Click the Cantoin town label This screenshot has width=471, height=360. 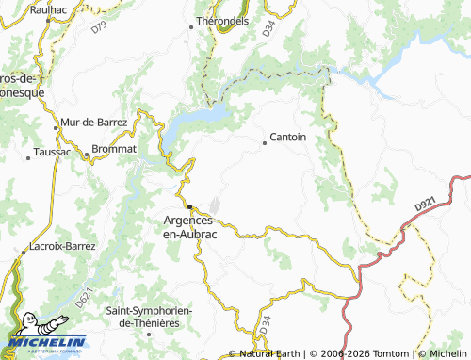[287, 138]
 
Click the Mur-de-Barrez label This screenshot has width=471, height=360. [92, 123]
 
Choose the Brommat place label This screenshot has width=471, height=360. [115, 149]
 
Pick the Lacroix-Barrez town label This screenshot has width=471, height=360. [63, 246]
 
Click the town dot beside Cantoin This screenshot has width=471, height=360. [264, 143]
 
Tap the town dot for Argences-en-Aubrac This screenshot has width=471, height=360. [189, 206]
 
